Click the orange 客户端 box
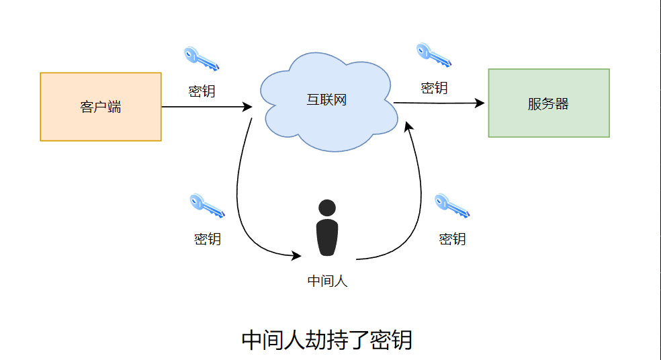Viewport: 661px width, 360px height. (101, 107)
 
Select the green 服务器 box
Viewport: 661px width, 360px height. (548, 103)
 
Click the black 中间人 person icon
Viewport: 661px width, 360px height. (327, 228)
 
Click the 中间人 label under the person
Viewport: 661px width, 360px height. (327, 281)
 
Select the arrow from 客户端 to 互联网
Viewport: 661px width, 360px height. (206, 107)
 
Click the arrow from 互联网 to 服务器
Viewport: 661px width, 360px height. (438, 103)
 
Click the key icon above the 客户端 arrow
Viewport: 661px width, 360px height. (202, 58)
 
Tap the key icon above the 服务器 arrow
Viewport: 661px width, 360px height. (434, 54)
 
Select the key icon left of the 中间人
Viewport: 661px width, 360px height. (207, 206)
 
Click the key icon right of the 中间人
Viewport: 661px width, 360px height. (451, 206)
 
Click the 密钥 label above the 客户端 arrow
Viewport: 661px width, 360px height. (202, 91)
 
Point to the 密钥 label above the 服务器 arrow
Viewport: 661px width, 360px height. (434, 87)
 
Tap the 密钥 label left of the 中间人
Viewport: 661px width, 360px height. (207, 238)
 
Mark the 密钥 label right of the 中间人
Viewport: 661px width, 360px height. (452, 238)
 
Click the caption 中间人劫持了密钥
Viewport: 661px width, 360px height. (326, 341)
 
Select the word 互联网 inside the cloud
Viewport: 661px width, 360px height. (326, 101)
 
